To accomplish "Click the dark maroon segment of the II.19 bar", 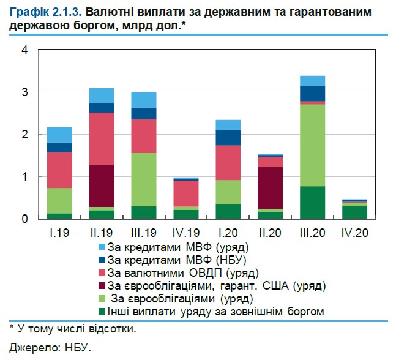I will (102, 186).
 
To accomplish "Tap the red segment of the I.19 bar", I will (59, 170).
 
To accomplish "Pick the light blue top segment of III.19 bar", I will (144, 100).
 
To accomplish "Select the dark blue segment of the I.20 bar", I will (228, 138).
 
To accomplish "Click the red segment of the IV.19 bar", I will (186, 193).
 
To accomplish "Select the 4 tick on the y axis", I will (25, 50).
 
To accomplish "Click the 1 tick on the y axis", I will (25, 176).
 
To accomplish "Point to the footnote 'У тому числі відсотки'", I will (77, 330).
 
